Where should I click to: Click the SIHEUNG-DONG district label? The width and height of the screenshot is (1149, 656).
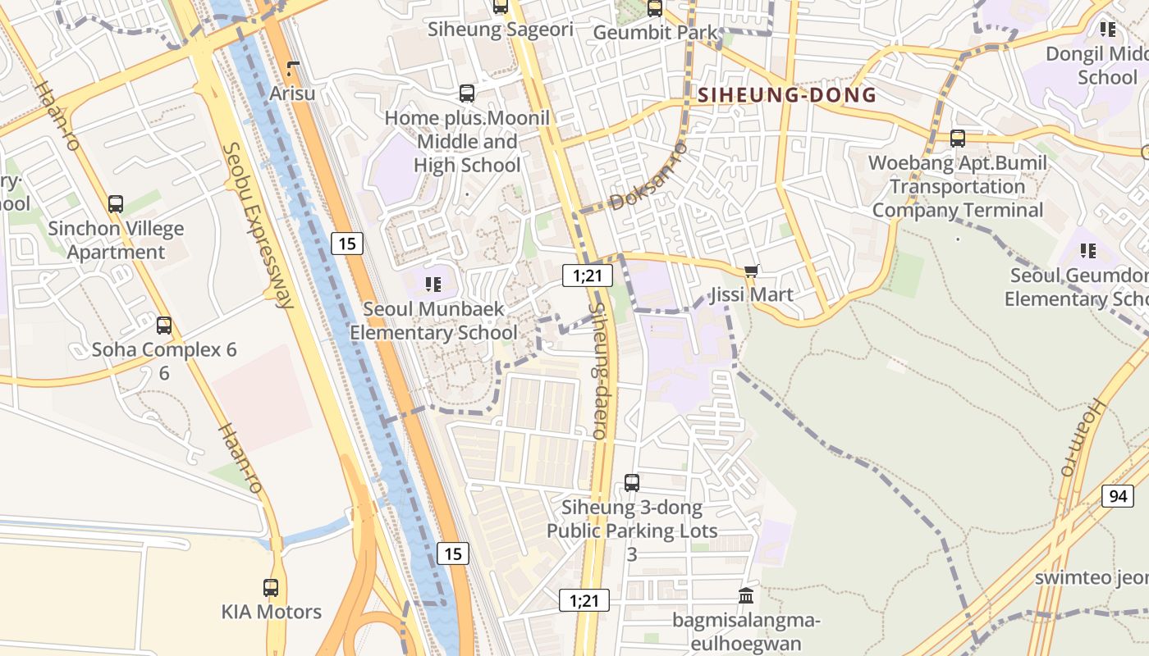pos(787,95)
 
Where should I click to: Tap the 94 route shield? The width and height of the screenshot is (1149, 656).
pos(1117,496)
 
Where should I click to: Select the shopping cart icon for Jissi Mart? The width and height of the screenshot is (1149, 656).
pos(750,271)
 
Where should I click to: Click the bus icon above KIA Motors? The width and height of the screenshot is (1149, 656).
pos(271,587)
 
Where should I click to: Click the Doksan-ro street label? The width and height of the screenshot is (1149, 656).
pos(648,176)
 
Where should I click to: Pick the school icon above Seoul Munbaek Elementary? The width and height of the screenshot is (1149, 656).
pos(433,285)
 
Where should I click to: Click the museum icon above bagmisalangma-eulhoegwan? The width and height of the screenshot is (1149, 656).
pos(746,595)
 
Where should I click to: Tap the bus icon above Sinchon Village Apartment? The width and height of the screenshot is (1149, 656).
pos(116,204)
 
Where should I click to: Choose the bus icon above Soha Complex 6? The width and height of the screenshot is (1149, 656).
pos(164,326)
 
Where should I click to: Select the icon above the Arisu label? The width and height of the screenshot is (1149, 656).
pos(293,70)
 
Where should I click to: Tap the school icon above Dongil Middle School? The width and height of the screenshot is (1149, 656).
pos(1107,30)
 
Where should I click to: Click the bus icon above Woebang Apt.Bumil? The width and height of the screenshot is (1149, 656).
pos(958,139)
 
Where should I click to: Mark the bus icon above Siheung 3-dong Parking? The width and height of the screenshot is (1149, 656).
pos(631,483)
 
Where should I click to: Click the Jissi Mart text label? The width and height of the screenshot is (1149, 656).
pos(752,294)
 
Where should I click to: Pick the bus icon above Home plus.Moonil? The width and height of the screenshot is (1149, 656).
pos(467,93)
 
